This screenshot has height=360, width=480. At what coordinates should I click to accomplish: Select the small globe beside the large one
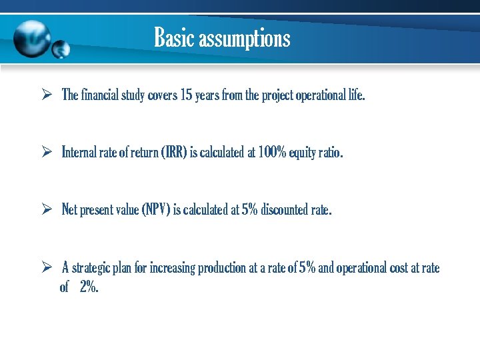61,49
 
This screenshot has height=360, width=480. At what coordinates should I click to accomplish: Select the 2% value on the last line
89,287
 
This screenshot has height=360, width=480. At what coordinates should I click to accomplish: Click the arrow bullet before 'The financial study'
47,95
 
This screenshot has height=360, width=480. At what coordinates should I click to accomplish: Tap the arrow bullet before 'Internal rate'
47,153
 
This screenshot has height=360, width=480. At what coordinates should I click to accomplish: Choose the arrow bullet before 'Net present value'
47,210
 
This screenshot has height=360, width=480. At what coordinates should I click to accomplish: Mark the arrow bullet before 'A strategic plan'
47,268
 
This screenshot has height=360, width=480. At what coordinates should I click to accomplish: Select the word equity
303,153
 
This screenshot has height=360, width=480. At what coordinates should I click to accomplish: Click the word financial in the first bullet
99,95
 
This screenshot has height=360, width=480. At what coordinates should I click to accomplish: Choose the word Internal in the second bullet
79,153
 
